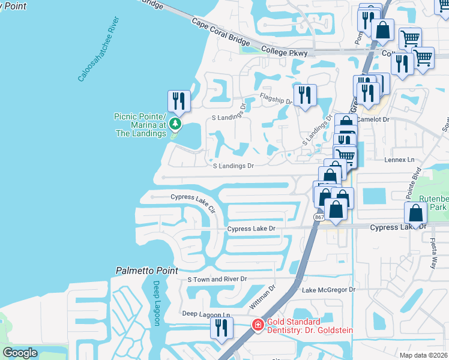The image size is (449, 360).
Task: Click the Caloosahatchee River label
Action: coord(98,50)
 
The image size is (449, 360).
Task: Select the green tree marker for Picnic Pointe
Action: coord(175,124)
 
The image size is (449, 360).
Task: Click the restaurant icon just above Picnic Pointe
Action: coord(178,101)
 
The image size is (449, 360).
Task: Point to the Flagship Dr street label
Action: coord(276,98)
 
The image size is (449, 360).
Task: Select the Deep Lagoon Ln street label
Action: coord(206,314)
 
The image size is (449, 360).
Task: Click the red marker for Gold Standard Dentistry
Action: coord(258,325)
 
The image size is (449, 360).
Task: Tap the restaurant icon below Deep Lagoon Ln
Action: coord(221,328)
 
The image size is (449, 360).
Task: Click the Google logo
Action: coord(20,353)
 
